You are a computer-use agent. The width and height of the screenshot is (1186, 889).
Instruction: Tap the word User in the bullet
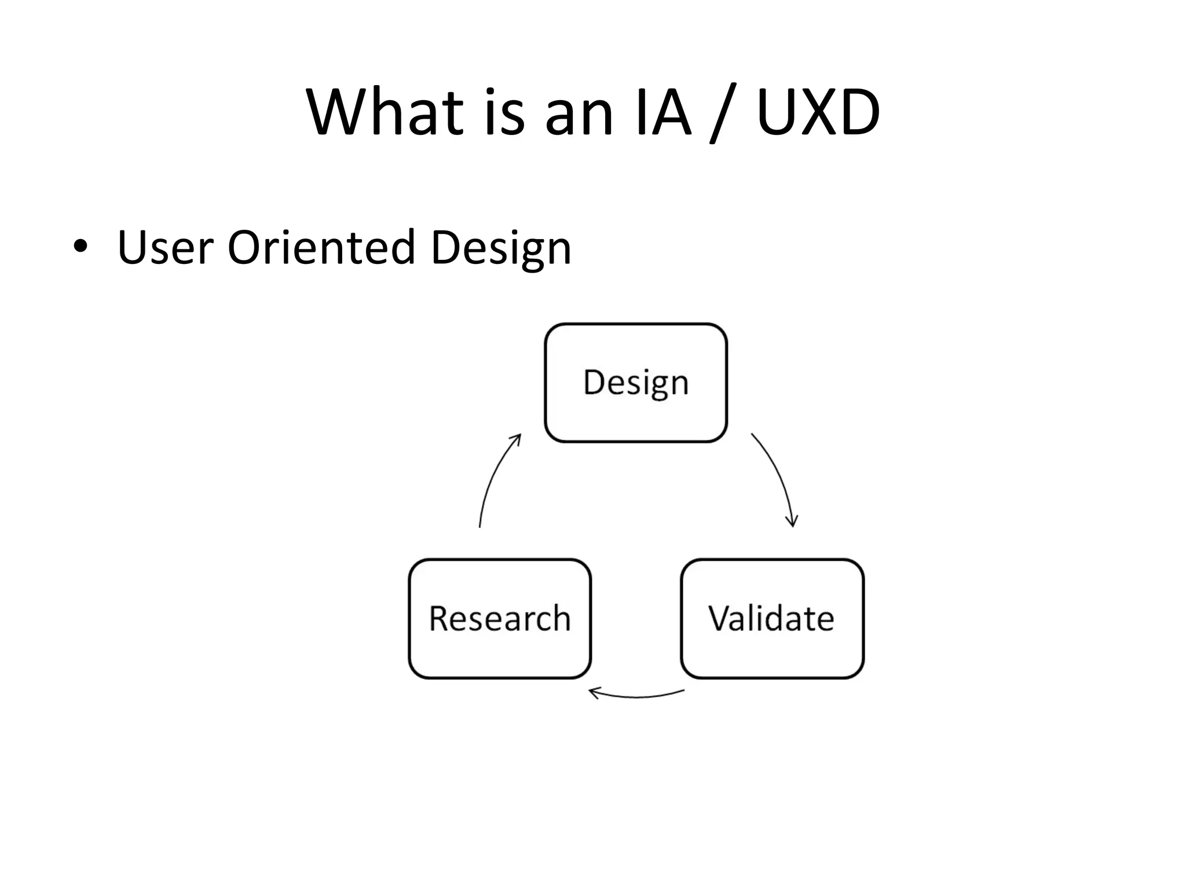tap(166, 248)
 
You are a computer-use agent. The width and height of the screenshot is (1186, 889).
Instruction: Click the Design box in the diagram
tap(636, 383)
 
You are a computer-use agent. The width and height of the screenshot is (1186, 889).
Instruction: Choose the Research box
tap(500, 618)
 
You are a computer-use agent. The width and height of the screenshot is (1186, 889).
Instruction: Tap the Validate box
tap(772, 618)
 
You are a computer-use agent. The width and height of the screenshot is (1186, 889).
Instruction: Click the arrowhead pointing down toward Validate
tap(792, 521)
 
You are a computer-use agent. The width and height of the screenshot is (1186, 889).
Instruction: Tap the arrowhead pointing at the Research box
tap(594, 692)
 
